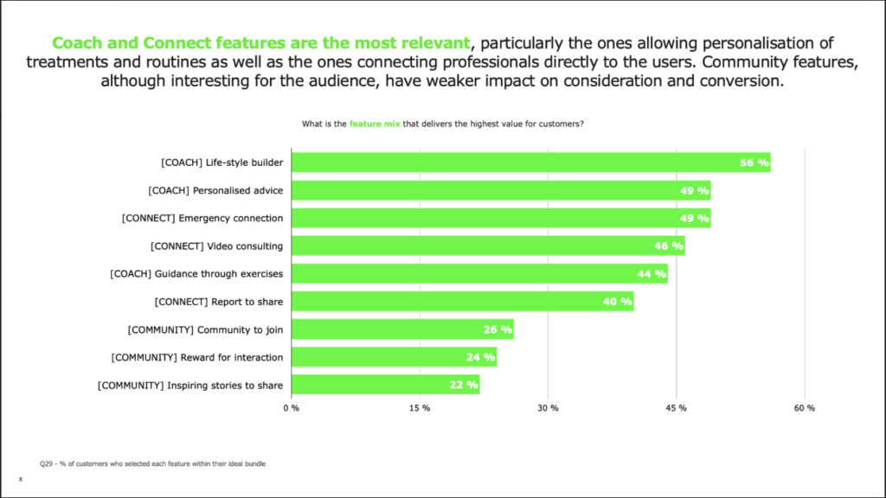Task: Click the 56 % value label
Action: pos(754,163)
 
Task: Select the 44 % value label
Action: pos(651,274)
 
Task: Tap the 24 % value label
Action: pos(480,357)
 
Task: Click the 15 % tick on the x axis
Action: pos(419,408)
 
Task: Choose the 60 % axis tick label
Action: pos(805,408)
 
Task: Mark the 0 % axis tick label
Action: pos(292,408)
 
